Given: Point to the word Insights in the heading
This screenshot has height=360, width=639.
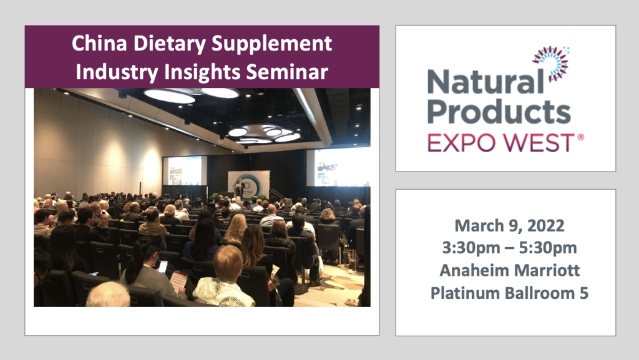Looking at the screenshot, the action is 202,72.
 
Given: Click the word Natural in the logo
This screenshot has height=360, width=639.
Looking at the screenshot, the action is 485,82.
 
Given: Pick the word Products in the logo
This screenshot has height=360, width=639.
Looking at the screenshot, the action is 499,112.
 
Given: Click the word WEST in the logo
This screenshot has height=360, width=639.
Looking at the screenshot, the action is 539,143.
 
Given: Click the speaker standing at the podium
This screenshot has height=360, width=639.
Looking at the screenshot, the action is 241,187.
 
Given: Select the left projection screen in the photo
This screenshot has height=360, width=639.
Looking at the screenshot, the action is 185,170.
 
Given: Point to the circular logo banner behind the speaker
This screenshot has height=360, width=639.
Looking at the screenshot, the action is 249,185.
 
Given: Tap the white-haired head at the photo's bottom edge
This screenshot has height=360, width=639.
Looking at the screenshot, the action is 108,295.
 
